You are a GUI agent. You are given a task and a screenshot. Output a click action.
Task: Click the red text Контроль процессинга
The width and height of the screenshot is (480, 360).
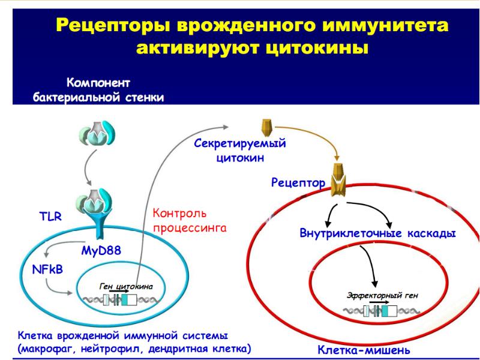coord(187,220)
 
